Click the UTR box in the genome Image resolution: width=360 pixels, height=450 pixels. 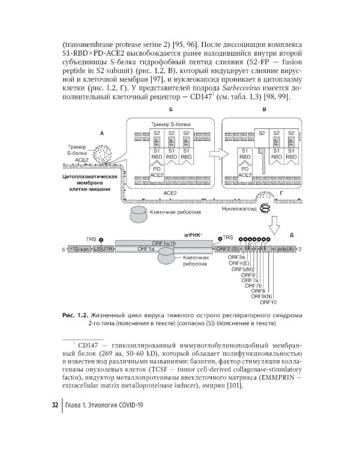click(107, 248)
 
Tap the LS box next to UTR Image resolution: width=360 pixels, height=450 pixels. click(96, 248)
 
